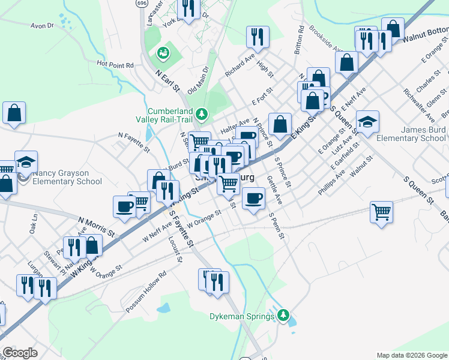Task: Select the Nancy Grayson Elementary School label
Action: click(67, 177)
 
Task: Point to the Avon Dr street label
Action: click(42, 26)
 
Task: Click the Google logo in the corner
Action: click(20, 353)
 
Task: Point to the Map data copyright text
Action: click(412, 355)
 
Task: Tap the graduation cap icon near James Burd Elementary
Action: click(367, 121)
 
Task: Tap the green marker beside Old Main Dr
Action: click(163, 54)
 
